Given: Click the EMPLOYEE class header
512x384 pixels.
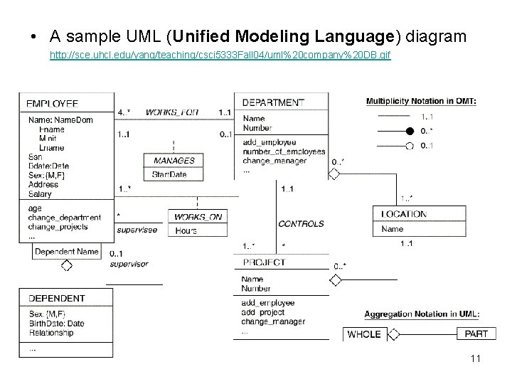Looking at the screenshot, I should [x=52, y=104].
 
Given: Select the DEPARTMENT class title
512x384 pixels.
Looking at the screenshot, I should [x=273, y=102].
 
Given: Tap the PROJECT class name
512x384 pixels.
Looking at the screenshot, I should [x=264, y=262].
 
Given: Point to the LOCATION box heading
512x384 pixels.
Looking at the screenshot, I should [x=403, y=214].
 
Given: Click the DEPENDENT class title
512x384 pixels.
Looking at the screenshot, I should [x=56, y=299].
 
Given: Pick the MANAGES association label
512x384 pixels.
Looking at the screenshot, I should [x=174, y=161].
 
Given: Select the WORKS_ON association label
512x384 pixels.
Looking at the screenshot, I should [x=194, y=216].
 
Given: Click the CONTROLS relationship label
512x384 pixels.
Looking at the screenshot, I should [x=301, y=223].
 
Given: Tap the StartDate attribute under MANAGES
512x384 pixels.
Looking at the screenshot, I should [x=169, y=174].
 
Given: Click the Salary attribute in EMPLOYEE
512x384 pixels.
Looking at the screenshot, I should [x=40, y=193].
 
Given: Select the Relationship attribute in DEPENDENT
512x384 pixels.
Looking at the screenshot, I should [x=51, y=332].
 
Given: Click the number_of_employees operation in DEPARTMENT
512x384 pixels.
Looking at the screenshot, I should [x=284, y=151].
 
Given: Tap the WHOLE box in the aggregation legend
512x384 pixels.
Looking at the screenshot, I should [x=364, y=334].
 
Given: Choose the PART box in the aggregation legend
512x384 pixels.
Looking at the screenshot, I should [x=476, y=334].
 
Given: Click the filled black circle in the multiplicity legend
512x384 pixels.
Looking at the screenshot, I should [x=409, y=132].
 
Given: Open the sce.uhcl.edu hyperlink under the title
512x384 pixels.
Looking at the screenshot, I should [x=220, y=54].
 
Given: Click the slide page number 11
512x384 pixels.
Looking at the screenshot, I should [x=475, y=358].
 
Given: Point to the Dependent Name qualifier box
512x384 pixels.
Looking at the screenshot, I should [x=66, y=252].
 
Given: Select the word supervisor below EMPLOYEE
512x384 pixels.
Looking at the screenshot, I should [x=129, y=264].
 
